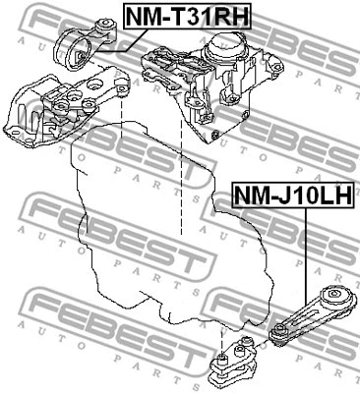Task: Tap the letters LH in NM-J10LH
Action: pos(333,196)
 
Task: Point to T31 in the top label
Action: pos(182,17)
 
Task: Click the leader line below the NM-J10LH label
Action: pos(306,246)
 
